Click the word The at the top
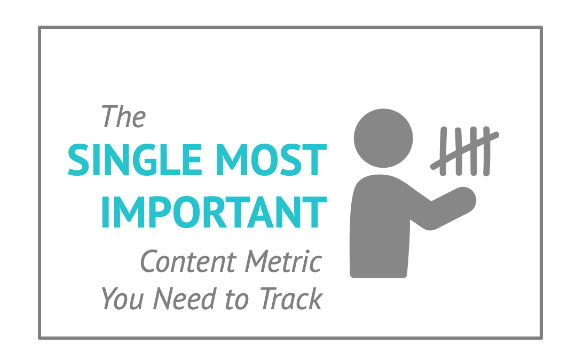click(x=123, y=116)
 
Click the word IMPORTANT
click(x=214, y=212)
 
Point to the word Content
click(x=188, y=261)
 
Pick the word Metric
click(x=283, y=261)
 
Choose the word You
click(x=123, y=298)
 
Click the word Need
click(x=185, y=298)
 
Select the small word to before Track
click(x=237, y=299)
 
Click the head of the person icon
click(x=383, y=138)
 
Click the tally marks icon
click(x=465, y=151)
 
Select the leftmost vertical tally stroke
click(x=443, y=151)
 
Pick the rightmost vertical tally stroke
click(x=487, y=151)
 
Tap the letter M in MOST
click(x=232, y=160)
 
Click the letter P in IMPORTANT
click(x=161, y=212)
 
